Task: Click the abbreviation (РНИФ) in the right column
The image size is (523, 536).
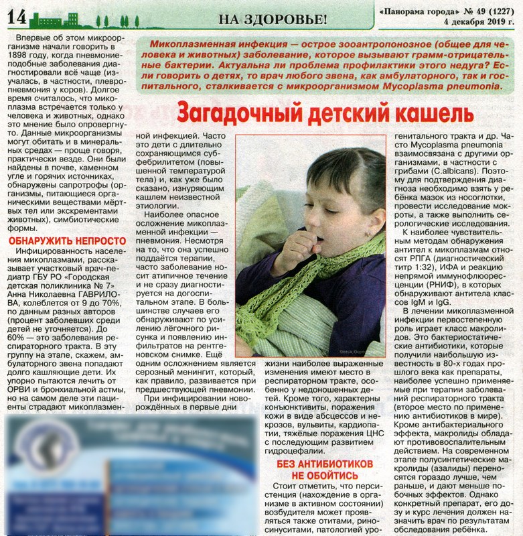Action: click(x=419, y=292)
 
